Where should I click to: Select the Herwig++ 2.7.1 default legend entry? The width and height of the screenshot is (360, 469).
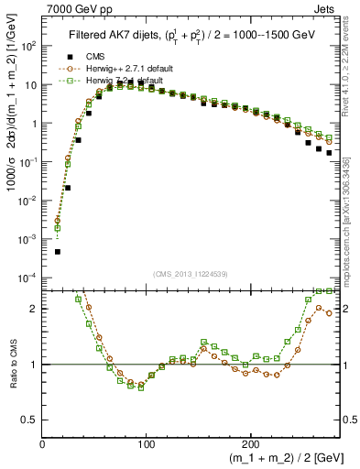pyautogui.click(x=119, y=69)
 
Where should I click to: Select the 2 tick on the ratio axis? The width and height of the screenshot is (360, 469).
pyautogui.click(x=33, y=309)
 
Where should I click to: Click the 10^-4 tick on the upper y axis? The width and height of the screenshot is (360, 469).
pyautogui.click(x=27, y=277)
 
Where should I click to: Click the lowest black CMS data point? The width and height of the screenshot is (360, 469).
pyautogui.click(x=58, y=251)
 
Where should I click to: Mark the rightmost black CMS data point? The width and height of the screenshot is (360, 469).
pyautogui.click(x=329, y=153)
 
